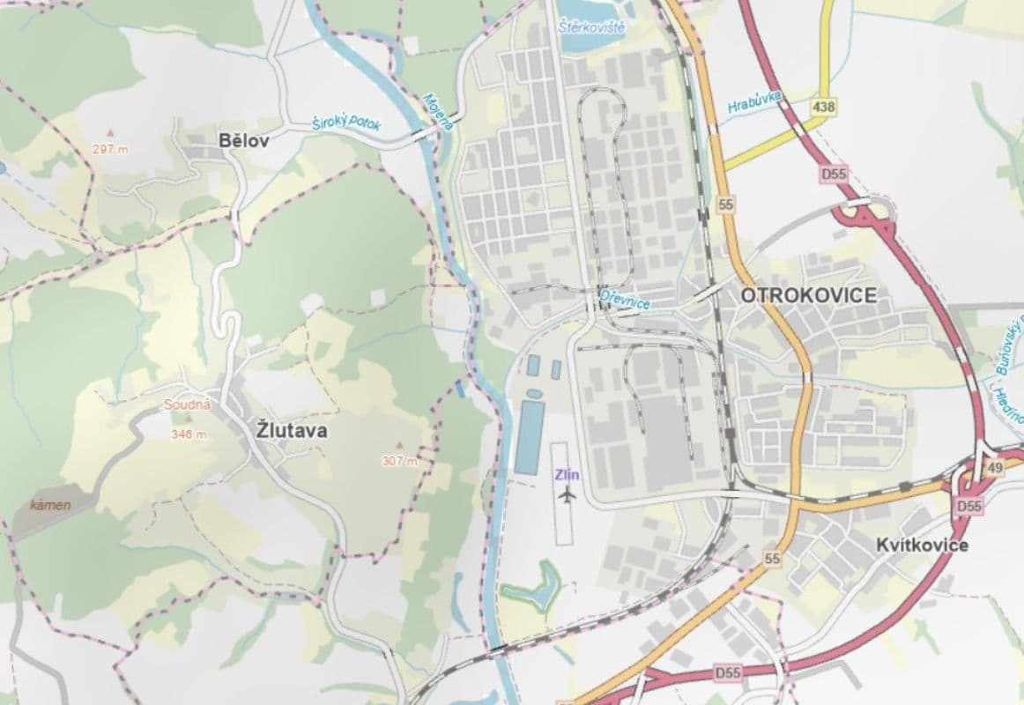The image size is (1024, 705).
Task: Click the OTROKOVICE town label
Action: (x=808, y=295)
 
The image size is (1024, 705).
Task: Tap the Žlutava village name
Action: (x=292, y=431)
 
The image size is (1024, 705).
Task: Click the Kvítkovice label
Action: (x=922, y=545)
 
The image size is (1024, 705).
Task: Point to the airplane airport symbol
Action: (x=567, y=495)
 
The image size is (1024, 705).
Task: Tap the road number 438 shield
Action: (x=824, y=107)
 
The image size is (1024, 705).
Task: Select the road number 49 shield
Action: (x=994, y=469)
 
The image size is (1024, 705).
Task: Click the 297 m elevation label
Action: (x=110, y=149)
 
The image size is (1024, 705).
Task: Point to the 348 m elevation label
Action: (x=189, y=434)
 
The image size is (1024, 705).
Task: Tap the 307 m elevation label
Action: (x=399, y=460)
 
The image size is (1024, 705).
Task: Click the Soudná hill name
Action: (x=187, y=405)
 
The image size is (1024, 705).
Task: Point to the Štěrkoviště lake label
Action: (x=592, y=28)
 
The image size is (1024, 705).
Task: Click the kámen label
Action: (x=50, y=506)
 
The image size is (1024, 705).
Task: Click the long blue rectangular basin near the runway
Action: (x=528, y=436)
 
